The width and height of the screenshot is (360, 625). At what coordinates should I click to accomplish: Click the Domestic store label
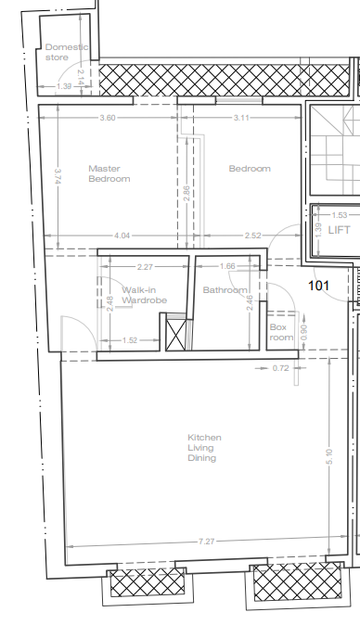coord(67,52)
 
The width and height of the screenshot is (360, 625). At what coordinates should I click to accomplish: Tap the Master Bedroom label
coord(109,173)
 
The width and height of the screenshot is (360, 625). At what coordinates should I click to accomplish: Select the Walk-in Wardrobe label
coord(144,295)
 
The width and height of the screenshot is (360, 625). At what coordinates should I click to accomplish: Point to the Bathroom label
coord(225,289)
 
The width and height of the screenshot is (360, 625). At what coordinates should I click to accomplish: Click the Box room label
coord(281,332)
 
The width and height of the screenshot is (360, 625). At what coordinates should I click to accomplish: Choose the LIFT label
coord(340,230)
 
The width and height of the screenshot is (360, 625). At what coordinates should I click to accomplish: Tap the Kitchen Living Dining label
coord(204,448)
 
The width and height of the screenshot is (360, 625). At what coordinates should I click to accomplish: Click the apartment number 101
coord(319,286)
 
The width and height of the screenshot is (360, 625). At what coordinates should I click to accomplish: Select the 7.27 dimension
coord(207,542)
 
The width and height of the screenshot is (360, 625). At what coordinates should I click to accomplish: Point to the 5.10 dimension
coord(328,456)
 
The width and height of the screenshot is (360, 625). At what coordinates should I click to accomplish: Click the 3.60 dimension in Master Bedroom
coord(108,118)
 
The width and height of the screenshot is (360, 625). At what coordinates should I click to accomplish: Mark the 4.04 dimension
coord(122,236)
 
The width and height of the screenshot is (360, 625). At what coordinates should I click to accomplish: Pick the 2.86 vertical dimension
coord(186,194)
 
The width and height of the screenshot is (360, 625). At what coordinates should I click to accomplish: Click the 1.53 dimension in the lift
coord(340,215)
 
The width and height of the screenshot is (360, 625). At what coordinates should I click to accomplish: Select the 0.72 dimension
coord(280,368)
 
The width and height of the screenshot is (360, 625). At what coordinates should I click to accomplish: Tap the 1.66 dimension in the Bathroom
coord(227,266)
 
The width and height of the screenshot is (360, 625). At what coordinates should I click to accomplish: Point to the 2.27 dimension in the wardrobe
coord(145,267)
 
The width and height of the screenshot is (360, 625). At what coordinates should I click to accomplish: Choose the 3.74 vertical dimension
coord(58,176)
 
